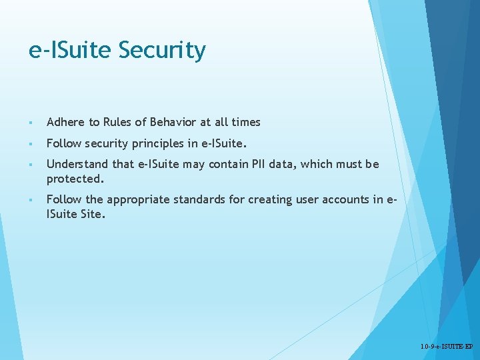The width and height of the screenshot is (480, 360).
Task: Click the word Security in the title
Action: tap(163, 51)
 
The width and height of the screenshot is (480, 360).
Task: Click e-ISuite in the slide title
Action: tap(71, 51)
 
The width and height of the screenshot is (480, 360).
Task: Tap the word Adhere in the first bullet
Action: tap(66, 122)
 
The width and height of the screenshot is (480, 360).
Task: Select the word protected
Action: tap(75, 179)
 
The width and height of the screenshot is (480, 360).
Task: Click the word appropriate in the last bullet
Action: tap(137, 199)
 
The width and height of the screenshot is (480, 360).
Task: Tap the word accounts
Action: tap(347, 199)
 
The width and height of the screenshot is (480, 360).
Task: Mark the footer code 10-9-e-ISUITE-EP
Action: tap(447, 347)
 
